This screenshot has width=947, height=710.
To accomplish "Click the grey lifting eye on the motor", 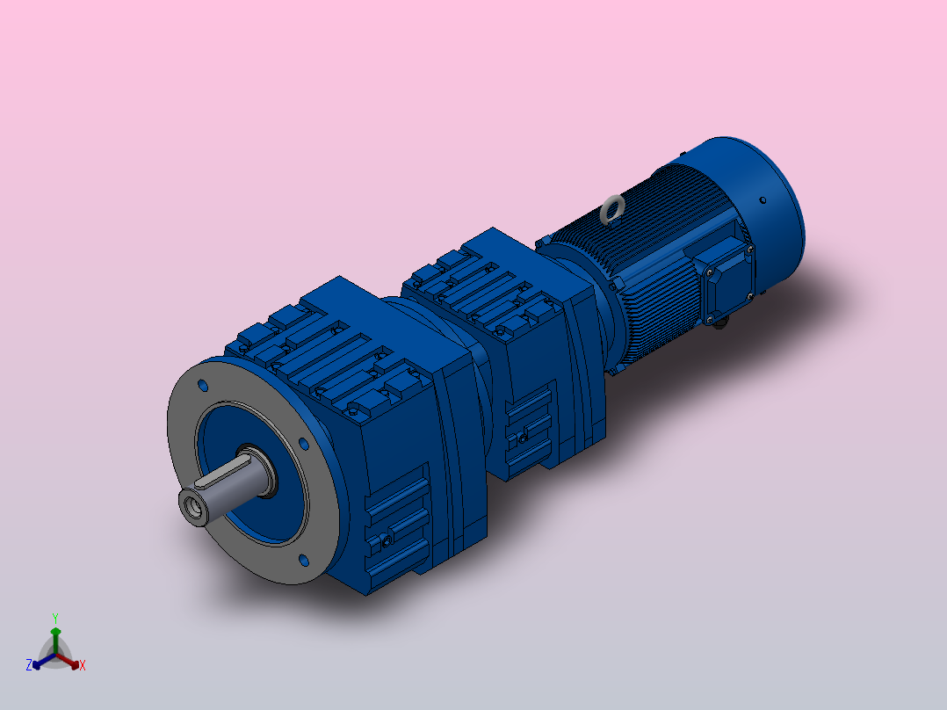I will point(611,209).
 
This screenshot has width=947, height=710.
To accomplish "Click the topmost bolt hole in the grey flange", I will point(204,385).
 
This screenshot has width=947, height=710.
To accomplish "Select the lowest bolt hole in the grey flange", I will point(304,559).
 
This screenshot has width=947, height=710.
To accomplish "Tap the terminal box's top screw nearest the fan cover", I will point(749,250).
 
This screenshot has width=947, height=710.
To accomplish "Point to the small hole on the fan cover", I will point(763,200).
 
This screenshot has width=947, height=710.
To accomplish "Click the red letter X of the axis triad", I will point(83,666).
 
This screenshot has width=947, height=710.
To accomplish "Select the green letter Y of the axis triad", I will point(54,618).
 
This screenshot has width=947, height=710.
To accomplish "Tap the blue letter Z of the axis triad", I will point(29,666).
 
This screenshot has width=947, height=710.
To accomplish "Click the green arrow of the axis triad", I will point(54,634).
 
